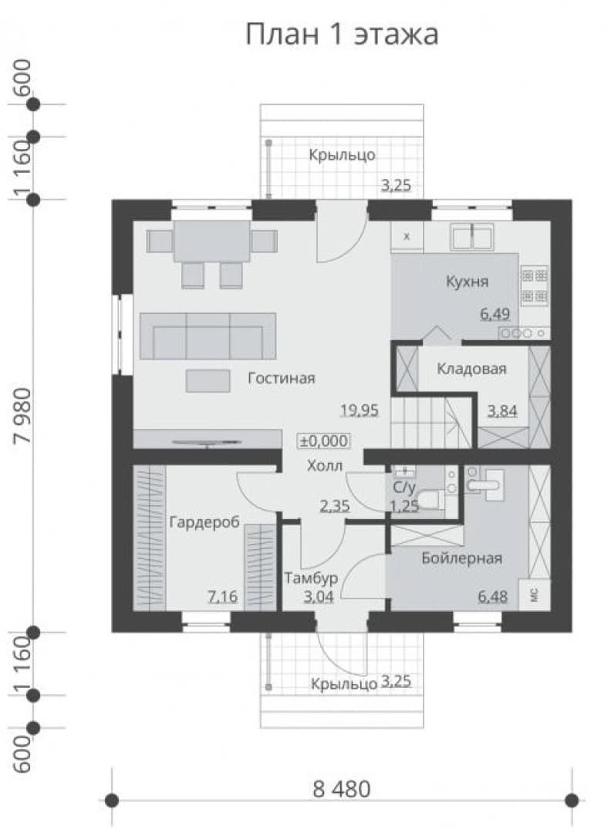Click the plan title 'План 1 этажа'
click(342, 34)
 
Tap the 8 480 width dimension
click(341, 789)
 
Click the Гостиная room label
click(281, 378)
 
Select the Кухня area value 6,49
click(495, 314)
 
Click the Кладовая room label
click(471, 369)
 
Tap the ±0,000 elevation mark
click(323, 441)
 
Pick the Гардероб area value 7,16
click(223, 597)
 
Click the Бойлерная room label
click(462, 558)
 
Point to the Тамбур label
click(311, 578)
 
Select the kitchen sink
click(472, 237)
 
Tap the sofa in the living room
click(208, 336)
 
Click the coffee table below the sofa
click(208, 381)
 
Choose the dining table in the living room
click(212, 241)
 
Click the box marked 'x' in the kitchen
click(407, 237)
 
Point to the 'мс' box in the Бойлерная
click(535, 595)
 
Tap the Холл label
click(325, 466)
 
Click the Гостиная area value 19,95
click(360, 410)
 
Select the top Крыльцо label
click(343, 155)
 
